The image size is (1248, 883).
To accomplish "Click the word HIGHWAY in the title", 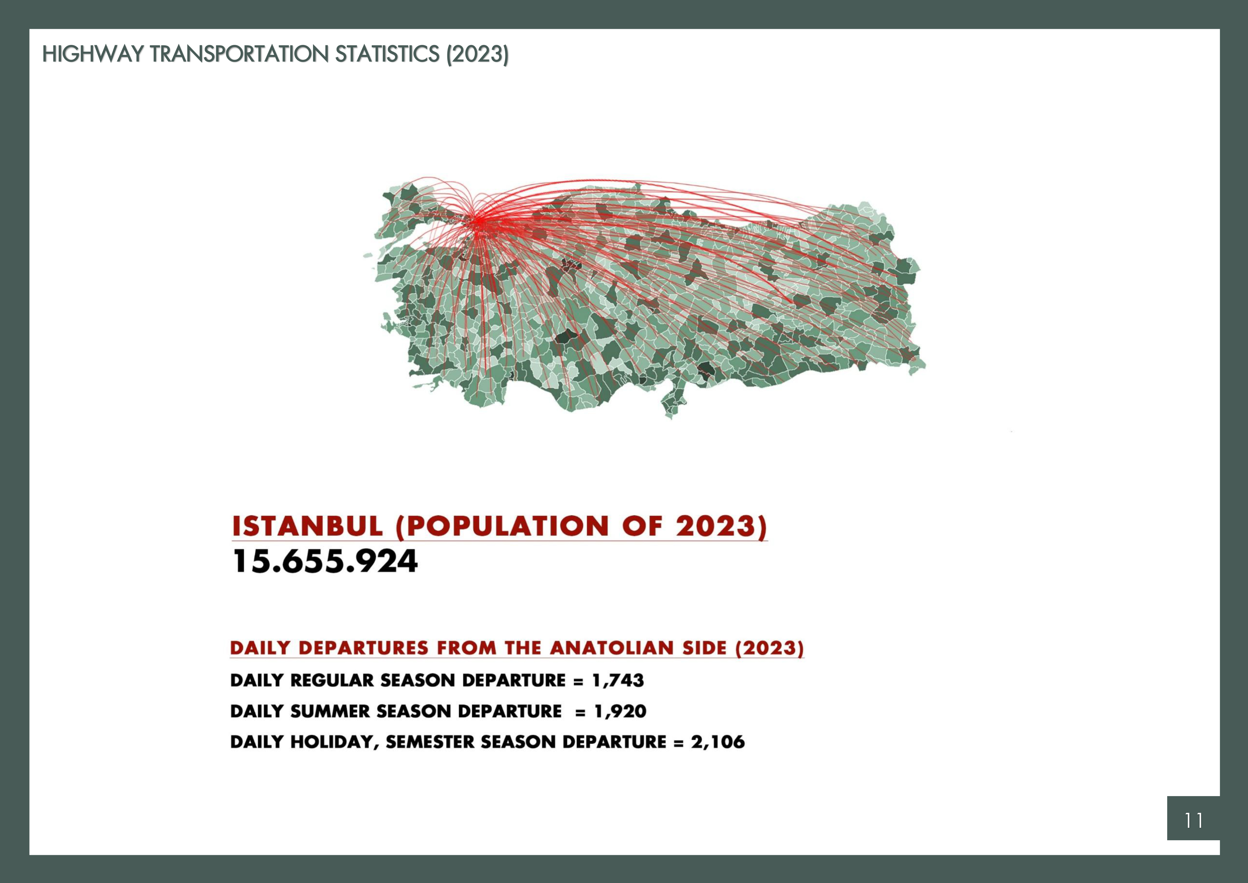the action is tap(93, 54).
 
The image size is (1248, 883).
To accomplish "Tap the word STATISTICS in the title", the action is tap(388, 54).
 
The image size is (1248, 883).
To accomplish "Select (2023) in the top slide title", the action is tap(477, 55).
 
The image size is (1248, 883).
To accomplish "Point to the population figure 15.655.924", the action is tap(325, 561).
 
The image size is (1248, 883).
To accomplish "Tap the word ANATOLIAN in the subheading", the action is tap(610, 648).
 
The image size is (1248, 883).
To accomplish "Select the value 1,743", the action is tap(618, 681).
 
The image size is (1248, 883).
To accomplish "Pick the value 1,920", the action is tap(620, 712).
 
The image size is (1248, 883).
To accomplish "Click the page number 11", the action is tap(1193, 820).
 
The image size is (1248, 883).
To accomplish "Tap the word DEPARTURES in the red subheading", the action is tap(365, 648).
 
